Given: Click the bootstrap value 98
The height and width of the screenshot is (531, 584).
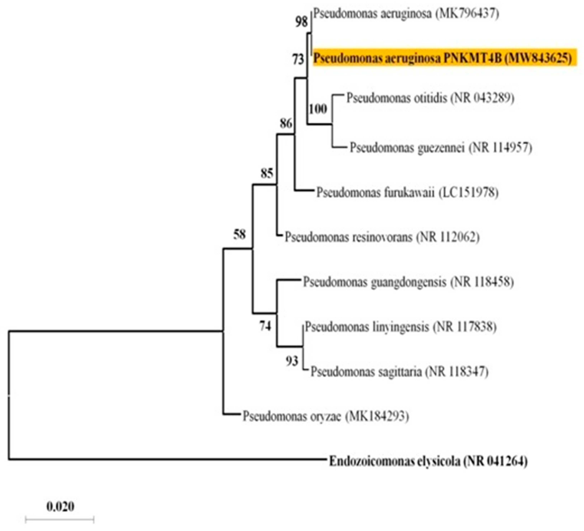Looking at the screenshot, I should [301, 22].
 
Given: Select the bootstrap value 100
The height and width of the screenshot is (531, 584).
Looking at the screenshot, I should [318, 109].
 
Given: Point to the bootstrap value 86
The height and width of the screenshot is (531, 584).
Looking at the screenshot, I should [286, 124].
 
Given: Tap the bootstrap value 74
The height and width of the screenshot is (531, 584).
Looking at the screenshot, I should [265, 326].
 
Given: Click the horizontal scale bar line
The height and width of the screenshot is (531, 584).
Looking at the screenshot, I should [60, 519].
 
